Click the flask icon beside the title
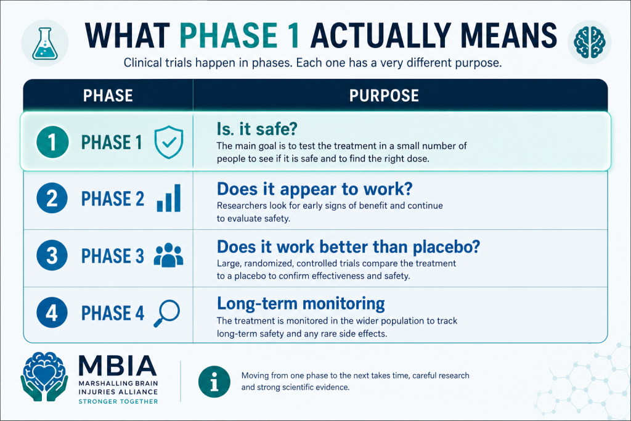click(x=44, y=44)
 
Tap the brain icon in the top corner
click(x=590, y=42)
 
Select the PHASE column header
click(x=108, y=96)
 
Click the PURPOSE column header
click(x=384, y=96)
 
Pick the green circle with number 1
click(x=52, y=142)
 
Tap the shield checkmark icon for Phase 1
click(x=169, y=142)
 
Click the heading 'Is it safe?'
click(x=257, y=129)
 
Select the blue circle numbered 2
click(x=52, y=198)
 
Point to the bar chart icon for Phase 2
click(x=169, y=198)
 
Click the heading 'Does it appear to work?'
click(x=315, y=189)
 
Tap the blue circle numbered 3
click(x=52, y=255)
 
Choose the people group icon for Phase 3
click(x=169, y=255)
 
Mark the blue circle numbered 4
click(x=52, y=313)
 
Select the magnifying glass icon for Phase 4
click(x=167, y=313)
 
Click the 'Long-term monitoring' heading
click(x=301, y=303)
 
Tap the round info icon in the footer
click(x=214, y=382)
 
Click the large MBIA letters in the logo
click(x=118, y=366)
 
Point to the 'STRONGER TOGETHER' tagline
click(x=118, y=401)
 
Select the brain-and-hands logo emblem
click(x=44, y=377)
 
